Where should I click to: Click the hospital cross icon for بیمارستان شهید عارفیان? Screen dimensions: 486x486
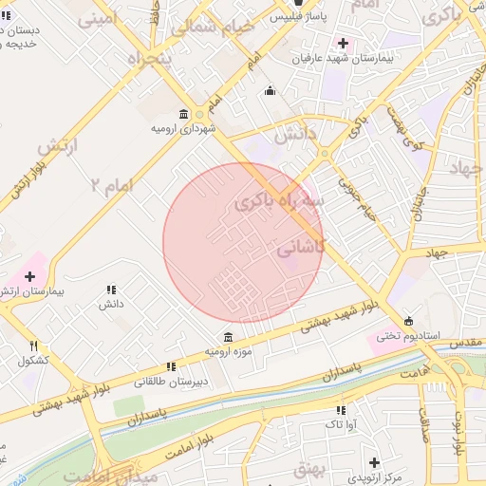click(x=343, y=44)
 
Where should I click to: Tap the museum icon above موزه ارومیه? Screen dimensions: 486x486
click(x=228, y=337)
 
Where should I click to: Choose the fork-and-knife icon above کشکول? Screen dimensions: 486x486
click(x=35, y=346)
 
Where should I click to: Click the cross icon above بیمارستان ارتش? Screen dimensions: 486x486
click(x=30, y=275)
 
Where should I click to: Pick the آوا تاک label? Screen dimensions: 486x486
click(x=340, y=425)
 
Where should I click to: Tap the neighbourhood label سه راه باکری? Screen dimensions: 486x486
click(x=268, y=201)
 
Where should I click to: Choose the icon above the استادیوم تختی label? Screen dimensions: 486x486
click(x=409, y=321)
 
